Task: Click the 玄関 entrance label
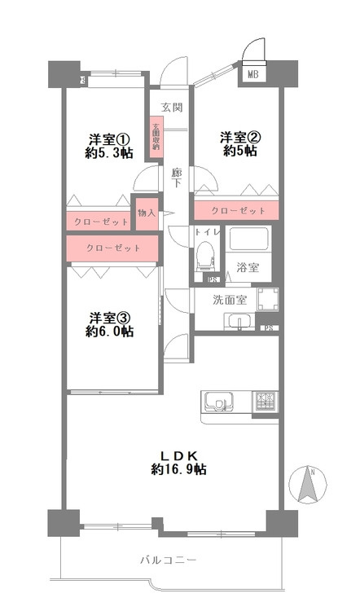[x=170, y=107]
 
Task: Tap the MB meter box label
[x=254, y=76]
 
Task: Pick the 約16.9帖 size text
[x=178, y=470]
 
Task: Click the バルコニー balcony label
[x=168, y=560]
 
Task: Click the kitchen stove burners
[x=266, y=401]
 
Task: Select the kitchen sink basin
[x=217, y=402]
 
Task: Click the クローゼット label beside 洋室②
[x=239, y=211]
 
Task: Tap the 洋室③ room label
[x=108, y=316]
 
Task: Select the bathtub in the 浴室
[x=248, y=239]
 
